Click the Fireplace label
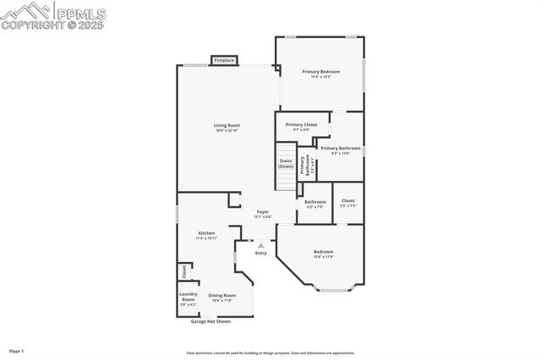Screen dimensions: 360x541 (x=224, y=61)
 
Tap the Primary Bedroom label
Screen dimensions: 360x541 (x=321, y=73)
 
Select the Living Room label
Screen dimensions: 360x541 (x=227, y=126)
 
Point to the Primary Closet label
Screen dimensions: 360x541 (x=301, y=125)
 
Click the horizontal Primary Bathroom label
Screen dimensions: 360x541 (x=340, y=149)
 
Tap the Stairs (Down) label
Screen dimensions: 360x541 (x=286, y=163)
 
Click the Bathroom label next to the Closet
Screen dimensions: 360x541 (x=315, y=202)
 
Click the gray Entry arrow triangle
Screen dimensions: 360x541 (x=261, y=246)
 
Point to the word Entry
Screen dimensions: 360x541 (x=261, y=254)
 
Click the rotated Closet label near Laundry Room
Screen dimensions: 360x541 (x=183, y=271)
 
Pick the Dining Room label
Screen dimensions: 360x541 (x=223, y=296)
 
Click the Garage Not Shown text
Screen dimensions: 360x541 (x=210, y=321)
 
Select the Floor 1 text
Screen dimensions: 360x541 (x=16, y=350)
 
